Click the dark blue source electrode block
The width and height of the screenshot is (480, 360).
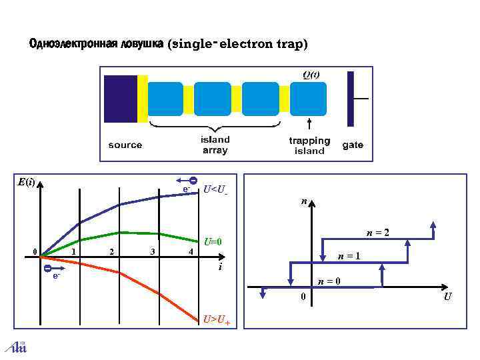(121, 99)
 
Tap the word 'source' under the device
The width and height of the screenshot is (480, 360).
(125, 145)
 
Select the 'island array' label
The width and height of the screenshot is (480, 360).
(215, 145)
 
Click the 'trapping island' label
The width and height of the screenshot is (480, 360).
(309, 145)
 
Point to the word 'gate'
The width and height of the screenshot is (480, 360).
(353, 145)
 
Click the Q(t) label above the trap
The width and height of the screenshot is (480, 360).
(311, 75)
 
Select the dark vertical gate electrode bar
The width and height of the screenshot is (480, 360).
(351, 99)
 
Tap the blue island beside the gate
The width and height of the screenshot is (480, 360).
(309, 99)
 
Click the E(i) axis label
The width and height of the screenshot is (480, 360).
(27, 181)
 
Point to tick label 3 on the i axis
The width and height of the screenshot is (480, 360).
(153, 251)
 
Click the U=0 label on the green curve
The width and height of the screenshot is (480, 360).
(213, 241)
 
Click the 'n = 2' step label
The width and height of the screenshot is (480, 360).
(377, 233)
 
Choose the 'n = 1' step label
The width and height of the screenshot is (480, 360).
(349, 257)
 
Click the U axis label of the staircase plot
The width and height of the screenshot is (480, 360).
(447, 296)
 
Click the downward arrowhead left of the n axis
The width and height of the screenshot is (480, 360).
(263, 293)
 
